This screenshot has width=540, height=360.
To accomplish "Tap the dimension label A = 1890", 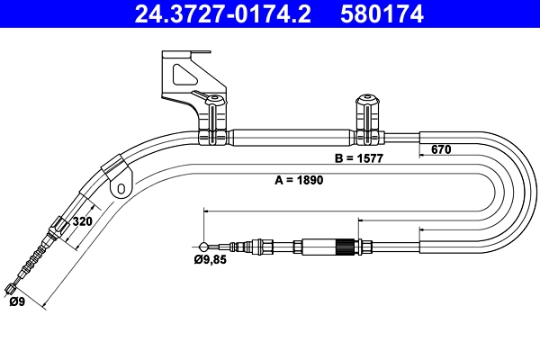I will coord(298,180).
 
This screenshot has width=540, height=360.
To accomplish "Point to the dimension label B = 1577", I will coord(359,158).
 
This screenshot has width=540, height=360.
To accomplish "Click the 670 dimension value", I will coord(440,149).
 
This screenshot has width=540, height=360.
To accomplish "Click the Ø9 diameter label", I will coord(17,303).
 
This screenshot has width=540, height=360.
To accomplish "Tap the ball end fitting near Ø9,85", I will coord(206,246).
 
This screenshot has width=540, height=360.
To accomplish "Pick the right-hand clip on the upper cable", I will coord(368,120).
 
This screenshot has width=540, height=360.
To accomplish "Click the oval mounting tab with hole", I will coord(121,187).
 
